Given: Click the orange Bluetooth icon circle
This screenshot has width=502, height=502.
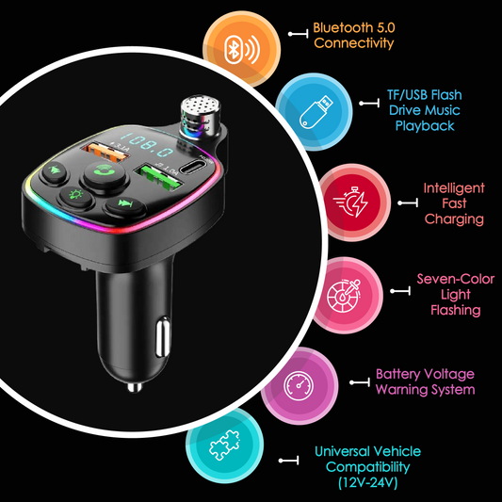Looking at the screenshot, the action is click(242, 50).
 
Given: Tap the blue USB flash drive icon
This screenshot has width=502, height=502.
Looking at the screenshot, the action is click(314, 112).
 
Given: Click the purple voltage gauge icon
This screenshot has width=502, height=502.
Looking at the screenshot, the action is click(300, 386).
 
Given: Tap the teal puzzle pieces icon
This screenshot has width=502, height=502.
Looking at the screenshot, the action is click(224, 445).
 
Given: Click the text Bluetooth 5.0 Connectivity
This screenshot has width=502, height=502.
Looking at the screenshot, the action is click(354, 35).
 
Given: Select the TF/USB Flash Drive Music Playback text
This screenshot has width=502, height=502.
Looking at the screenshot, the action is click(425, 110).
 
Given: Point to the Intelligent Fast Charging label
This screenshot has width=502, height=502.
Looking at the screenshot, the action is click(454, 203).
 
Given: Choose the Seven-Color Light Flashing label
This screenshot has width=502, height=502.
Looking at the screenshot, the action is click(456, 295).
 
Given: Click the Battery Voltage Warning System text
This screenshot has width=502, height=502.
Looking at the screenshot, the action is click(425, 381).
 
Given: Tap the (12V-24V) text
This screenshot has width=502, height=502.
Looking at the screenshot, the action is click(368, 482).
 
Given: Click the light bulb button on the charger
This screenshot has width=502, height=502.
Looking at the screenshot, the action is click(76, 196).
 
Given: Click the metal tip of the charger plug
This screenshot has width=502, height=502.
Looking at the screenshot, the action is click(135, 387).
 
